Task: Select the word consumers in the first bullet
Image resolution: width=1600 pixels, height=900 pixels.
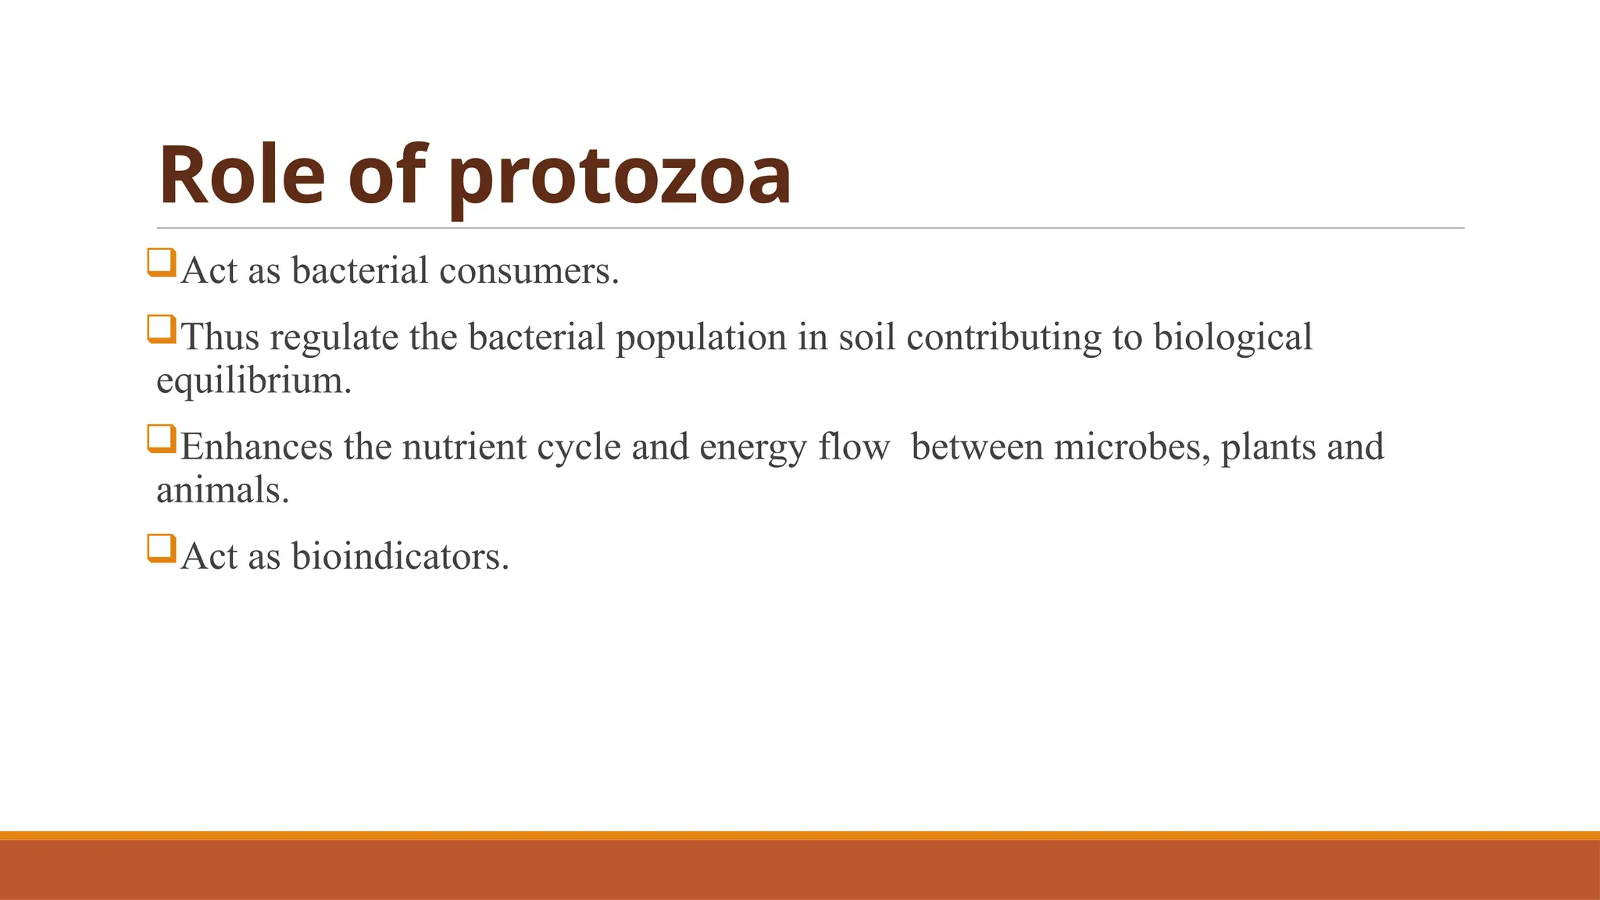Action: click(x=528, y=271)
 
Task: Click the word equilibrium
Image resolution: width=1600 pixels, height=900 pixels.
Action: click(x=253, y=381)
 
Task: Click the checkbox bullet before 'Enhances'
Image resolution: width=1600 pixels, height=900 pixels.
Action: click(x=161, y=438)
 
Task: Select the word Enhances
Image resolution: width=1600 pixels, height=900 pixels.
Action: click(x=256, y=448)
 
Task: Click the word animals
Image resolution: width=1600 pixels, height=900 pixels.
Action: click(x=222, y=491)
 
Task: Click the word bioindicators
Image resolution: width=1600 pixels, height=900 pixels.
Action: click(x=399, y=557)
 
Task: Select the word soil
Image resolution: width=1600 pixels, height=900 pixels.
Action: click(x=866, y=338)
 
